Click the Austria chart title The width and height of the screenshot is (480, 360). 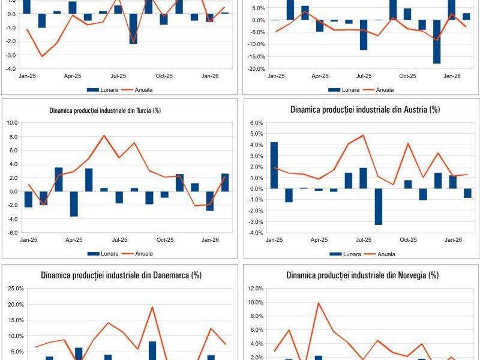[x=365, y=110]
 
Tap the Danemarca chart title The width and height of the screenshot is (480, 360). [x=121, y=275]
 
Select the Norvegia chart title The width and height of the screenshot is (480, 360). [x=362, y=275]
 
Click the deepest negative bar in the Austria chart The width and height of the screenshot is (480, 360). [x=379, y=206]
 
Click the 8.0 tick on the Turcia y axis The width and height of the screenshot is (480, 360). [x=12, y=136]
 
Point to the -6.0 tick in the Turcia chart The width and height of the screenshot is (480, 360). [x=11, y=233]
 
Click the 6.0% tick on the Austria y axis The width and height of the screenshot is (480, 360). [x=256, y=123]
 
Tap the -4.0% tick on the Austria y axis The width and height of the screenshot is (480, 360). [x=255, y=233]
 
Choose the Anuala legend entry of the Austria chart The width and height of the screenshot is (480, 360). [x=379, y=254]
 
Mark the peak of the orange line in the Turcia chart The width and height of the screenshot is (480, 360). [x=104, y=136]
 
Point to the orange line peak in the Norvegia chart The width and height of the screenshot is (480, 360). [x=319, y=303]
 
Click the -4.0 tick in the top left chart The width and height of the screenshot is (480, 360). [x=11, y=69]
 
